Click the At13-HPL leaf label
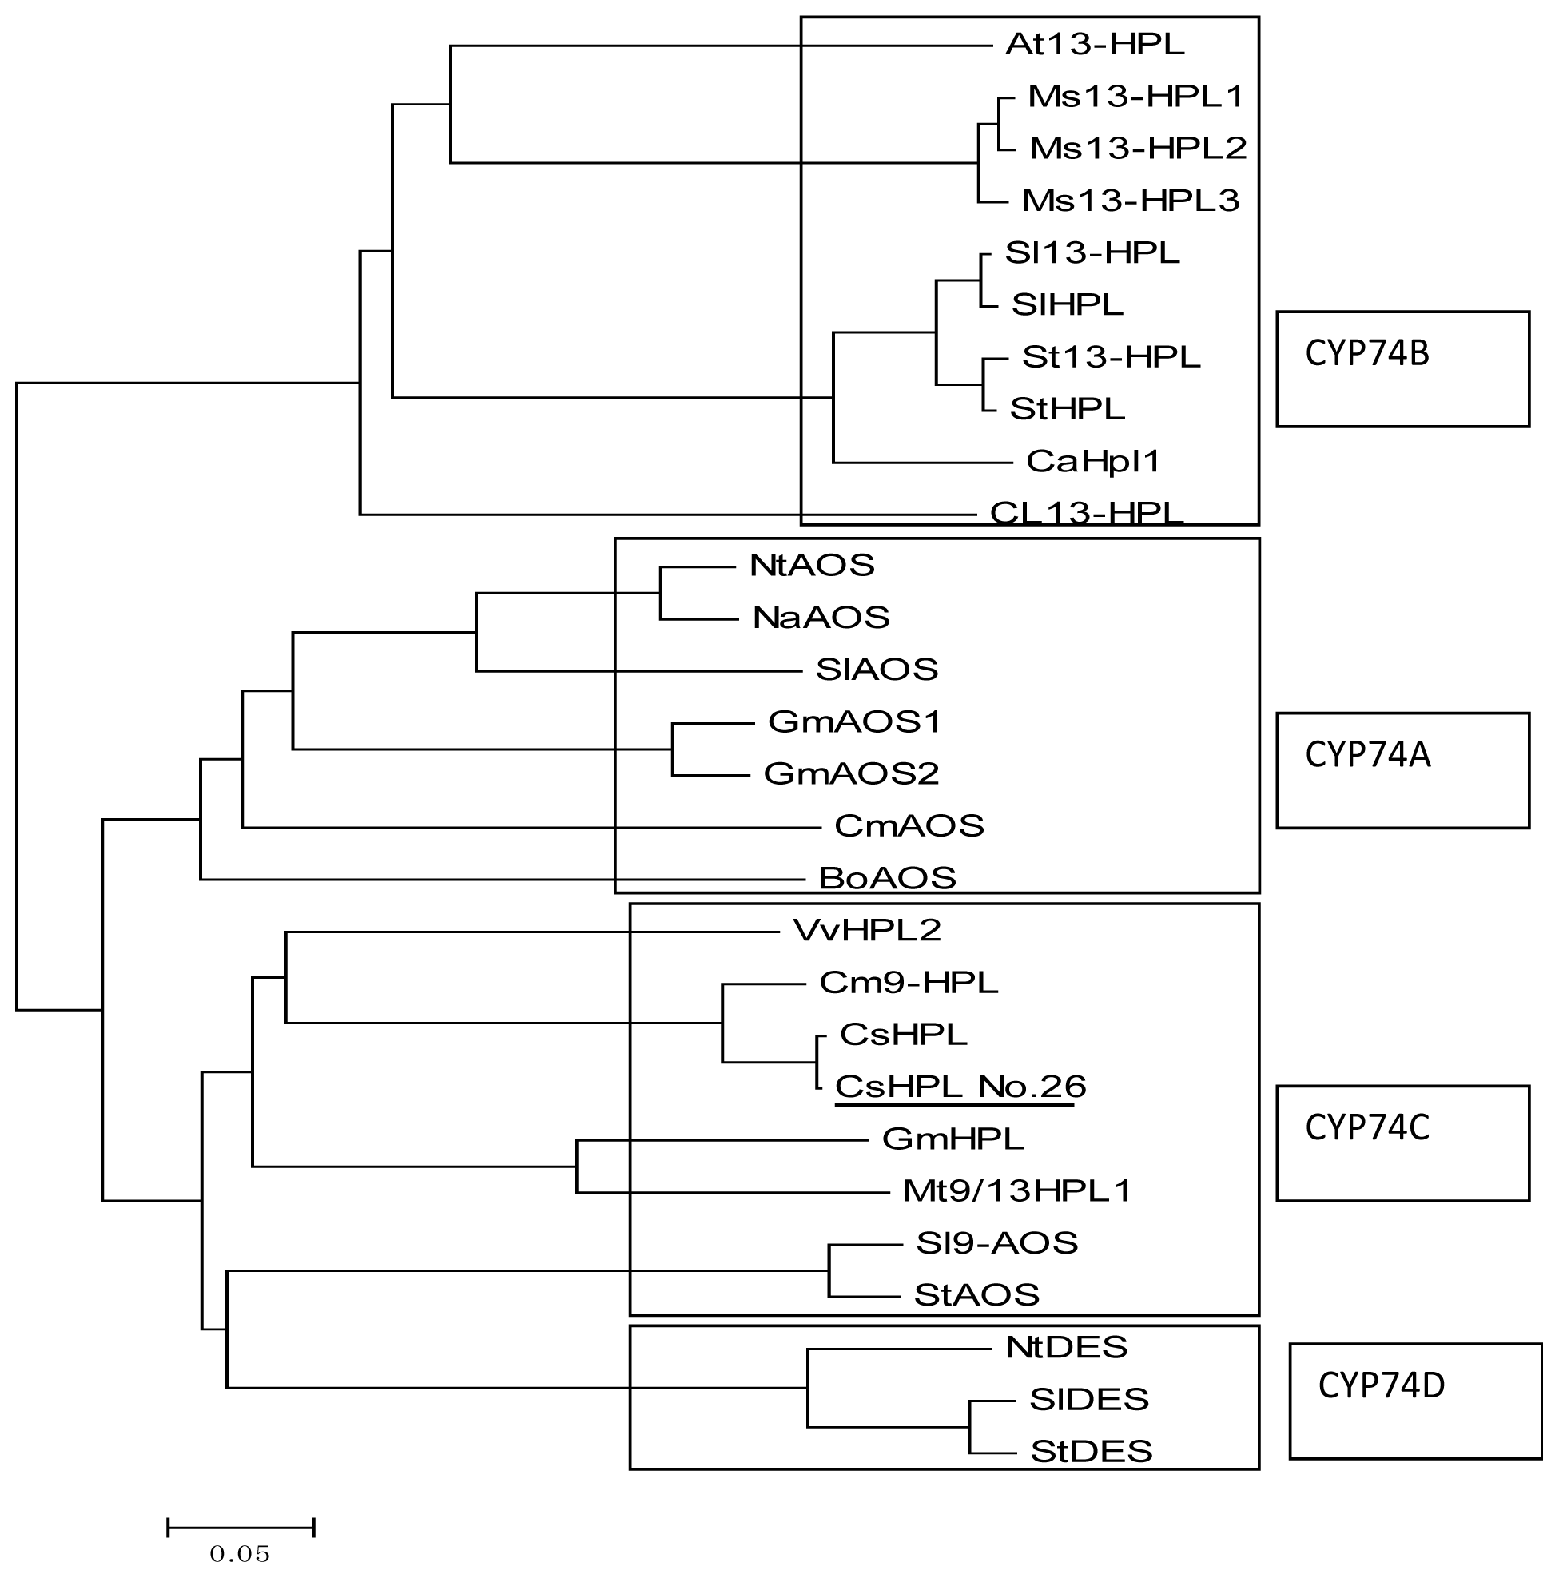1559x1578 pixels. point(1094,44)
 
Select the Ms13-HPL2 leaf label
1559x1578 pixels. point(1138,148)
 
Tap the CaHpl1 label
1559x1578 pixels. point(1092,462)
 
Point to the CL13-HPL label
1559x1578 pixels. point(1086,513)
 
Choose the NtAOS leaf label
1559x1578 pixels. point(812,565)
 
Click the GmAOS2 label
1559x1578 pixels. point(851,773)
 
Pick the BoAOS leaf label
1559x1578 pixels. point(887,878)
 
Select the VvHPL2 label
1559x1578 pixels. point(866,930)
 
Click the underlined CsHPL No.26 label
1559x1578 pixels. point(960,1087)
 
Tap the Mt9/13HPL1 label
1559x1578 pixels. point(1016,1190)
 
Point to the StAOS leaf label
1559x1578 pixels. point(976,1295)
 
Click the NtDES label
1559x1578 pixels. point(1067,1348)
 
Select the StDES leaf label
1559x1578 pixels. point(1091,1452)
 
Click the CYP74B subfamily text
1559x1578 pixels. point(1367,354)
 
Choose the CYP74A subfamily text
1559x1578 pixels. point(1368,756)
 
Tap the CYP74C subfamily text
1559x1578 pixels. point(1367,1128)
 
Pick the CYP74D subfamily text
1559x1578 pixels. point(1381,1386)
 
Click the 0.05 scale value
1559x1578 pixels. point(239,1553)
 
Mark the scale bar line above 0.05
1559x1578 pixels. point(241,1528)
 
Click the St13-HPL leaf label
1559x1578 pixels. point(1111,357)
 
